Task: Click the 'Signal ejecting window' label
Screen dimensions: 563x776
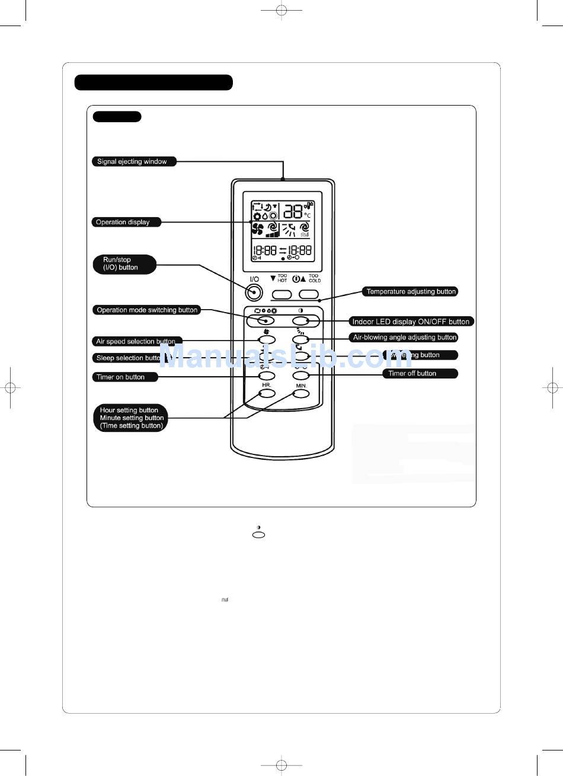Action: (132, 161)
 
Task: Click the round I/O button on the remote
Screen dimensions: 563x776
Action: (254, 292)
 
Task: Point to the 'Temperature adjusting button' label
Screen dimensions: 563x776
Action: (411, 291)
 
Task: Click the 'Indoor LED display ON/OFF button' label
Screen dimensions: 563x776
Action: (411, 322)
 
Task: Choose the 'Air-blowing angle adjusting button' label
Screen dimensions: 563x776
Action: (405, 338)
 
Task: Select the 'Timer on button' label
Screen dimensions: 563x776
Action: (121, 377)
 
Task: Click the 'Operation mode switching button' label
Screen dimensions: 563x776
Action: (147, 310)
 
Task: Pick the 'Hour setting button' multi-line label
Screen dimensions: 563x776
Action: (131, 418)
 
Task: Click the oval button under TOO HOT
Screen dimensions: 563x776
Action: (283, 294)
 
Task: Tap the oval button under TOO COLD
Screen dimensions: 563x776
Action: (309, 294)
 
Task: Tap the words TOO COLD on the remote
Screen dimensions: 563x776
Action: (314, 278)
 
